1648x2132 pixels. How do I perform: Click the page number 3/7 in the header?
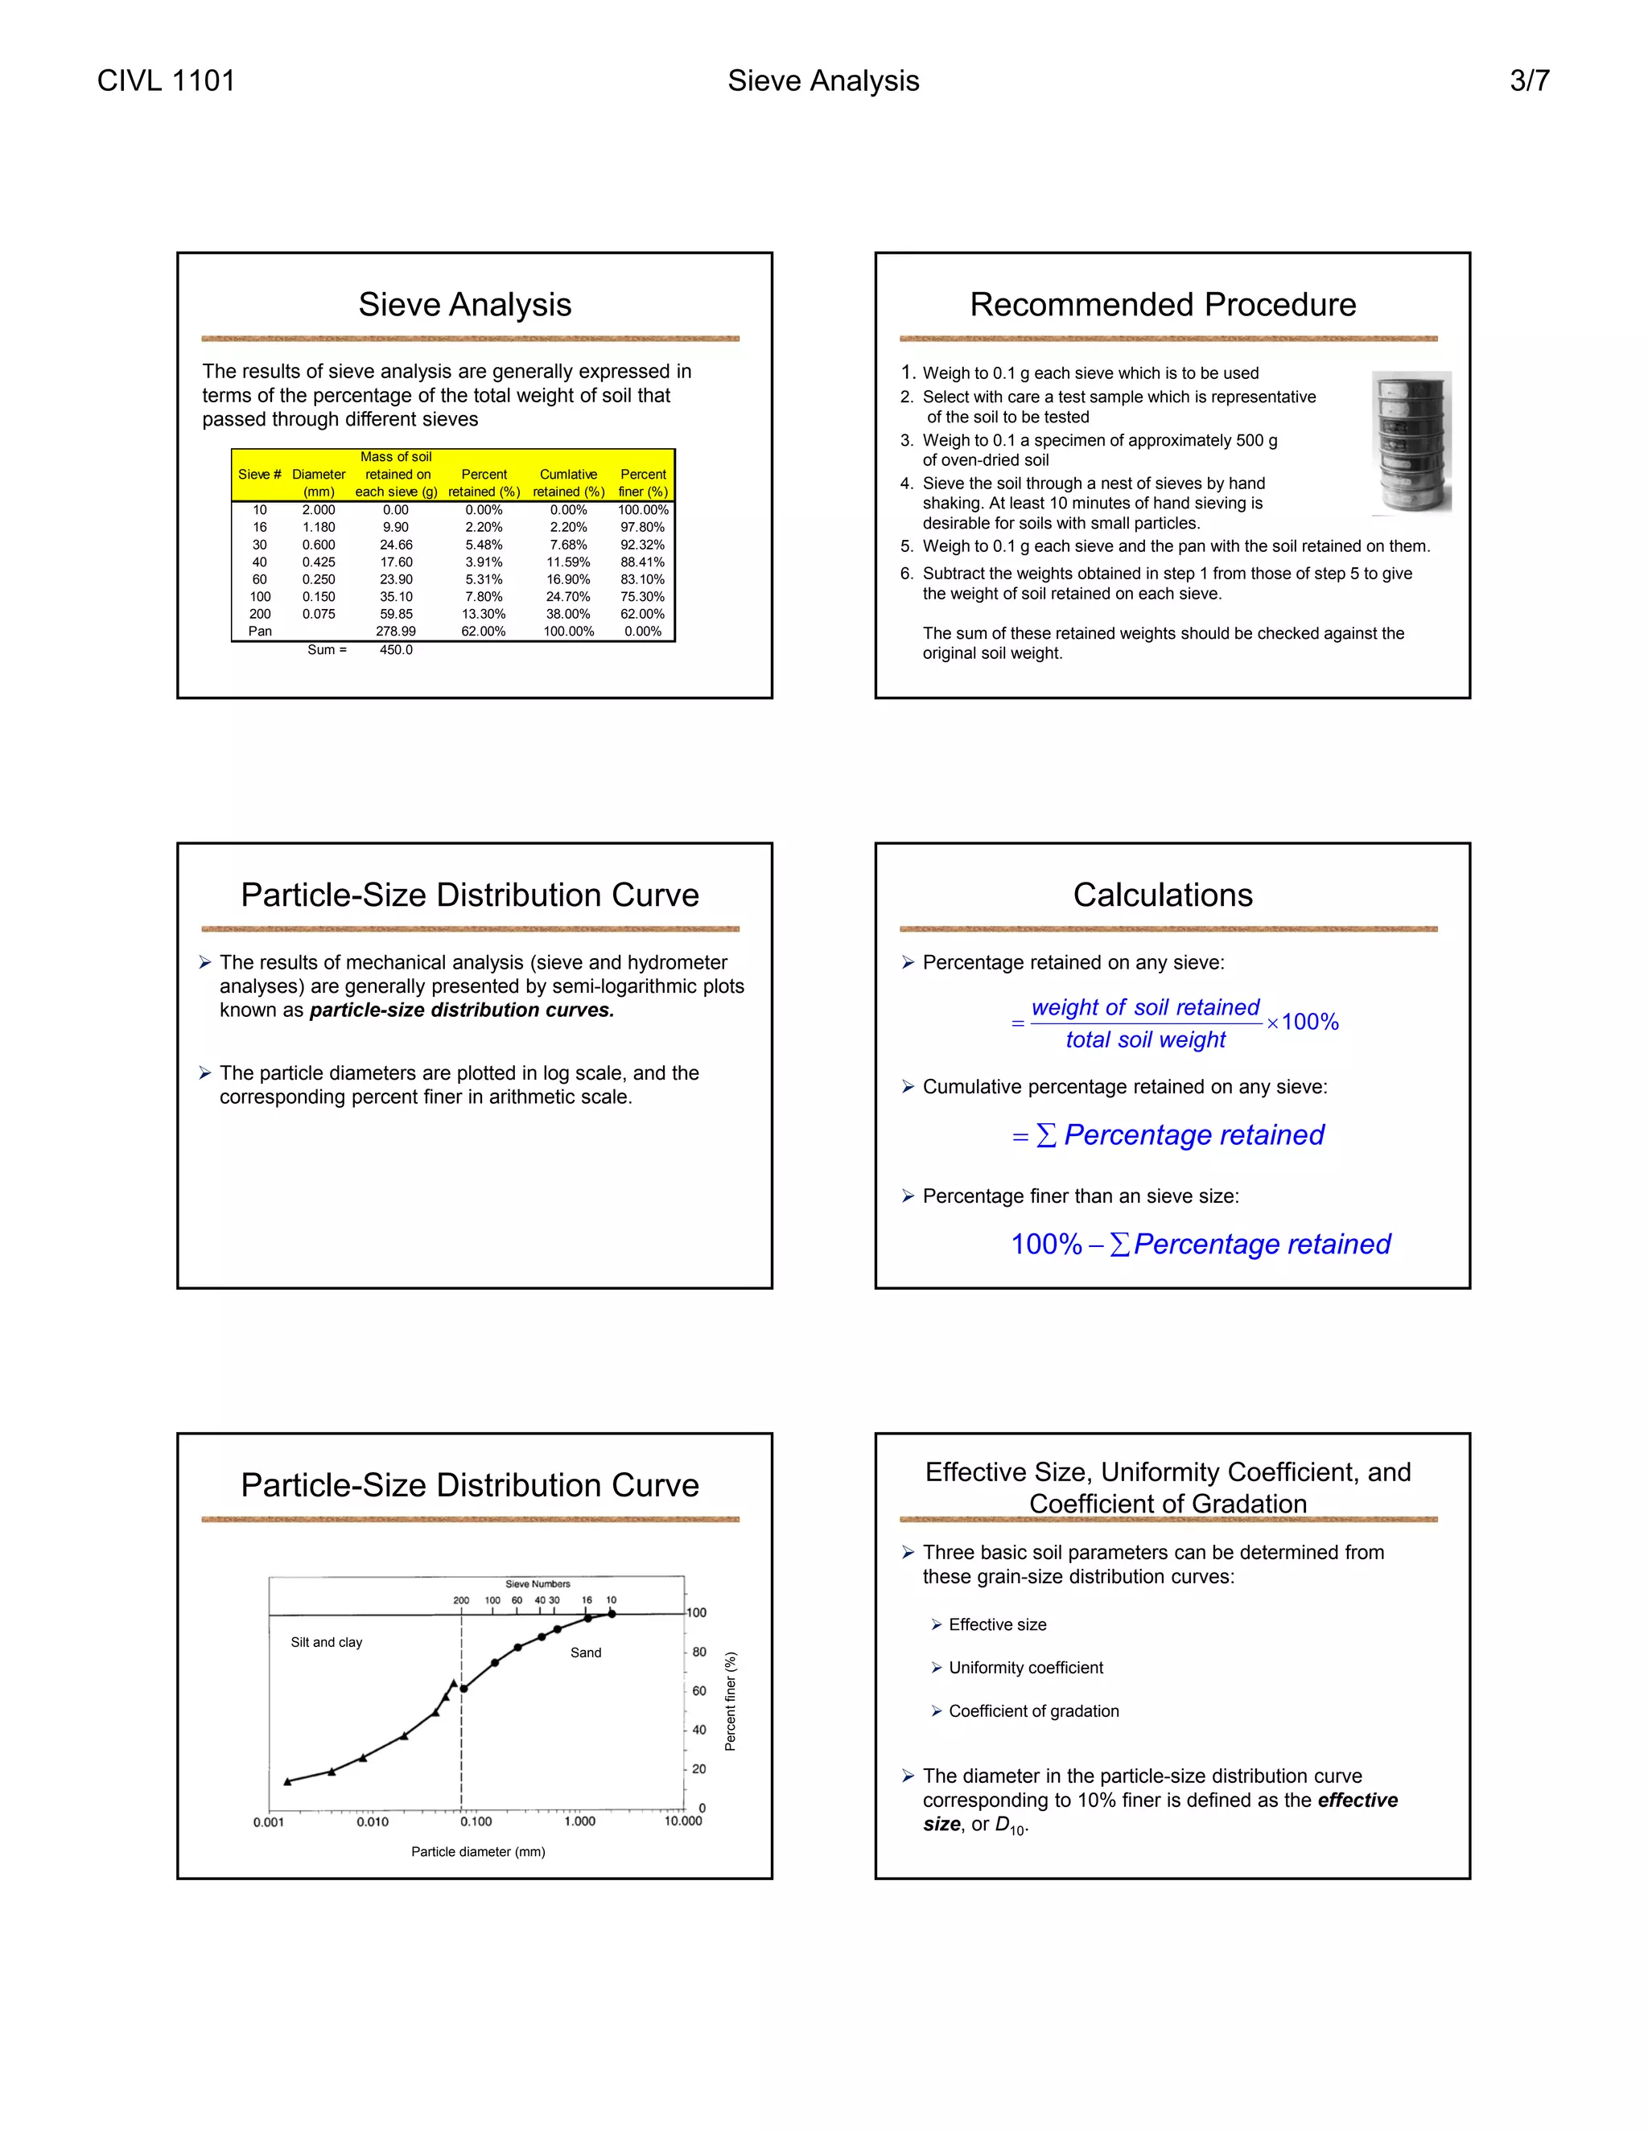1529,81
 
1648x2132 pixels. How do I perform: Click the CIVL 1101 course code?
166,81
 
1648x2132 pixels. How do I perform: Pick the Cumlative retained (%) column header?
568,482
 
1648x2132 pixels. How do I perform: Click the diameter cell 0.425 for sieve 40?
319,562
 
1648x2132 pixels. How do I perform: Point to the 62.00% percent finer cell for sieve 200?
642,614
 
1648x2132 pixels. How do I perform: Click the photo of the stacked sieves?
1411,442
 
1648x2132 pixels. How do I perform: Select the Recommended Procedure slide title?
1162,305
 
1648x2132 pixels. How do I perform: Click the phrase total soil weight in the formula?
1145,1040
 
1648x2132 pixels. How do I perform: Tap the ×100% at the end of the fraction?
1304,1022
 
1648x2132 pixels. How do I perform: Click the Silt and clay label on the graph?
326,1643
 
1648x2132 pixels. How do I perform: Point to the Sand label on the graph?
586,1653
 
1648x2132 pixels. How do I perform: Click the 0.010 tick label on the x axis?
372,1822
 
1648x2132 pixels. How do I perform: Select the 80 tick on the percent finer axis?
699,1653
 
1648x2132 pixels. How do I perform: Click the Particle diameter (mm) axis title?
477,1852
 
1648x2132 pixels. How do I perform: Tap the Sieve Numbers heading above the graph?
538,1584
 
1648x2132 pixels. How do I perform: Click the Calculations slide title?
1162,895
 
